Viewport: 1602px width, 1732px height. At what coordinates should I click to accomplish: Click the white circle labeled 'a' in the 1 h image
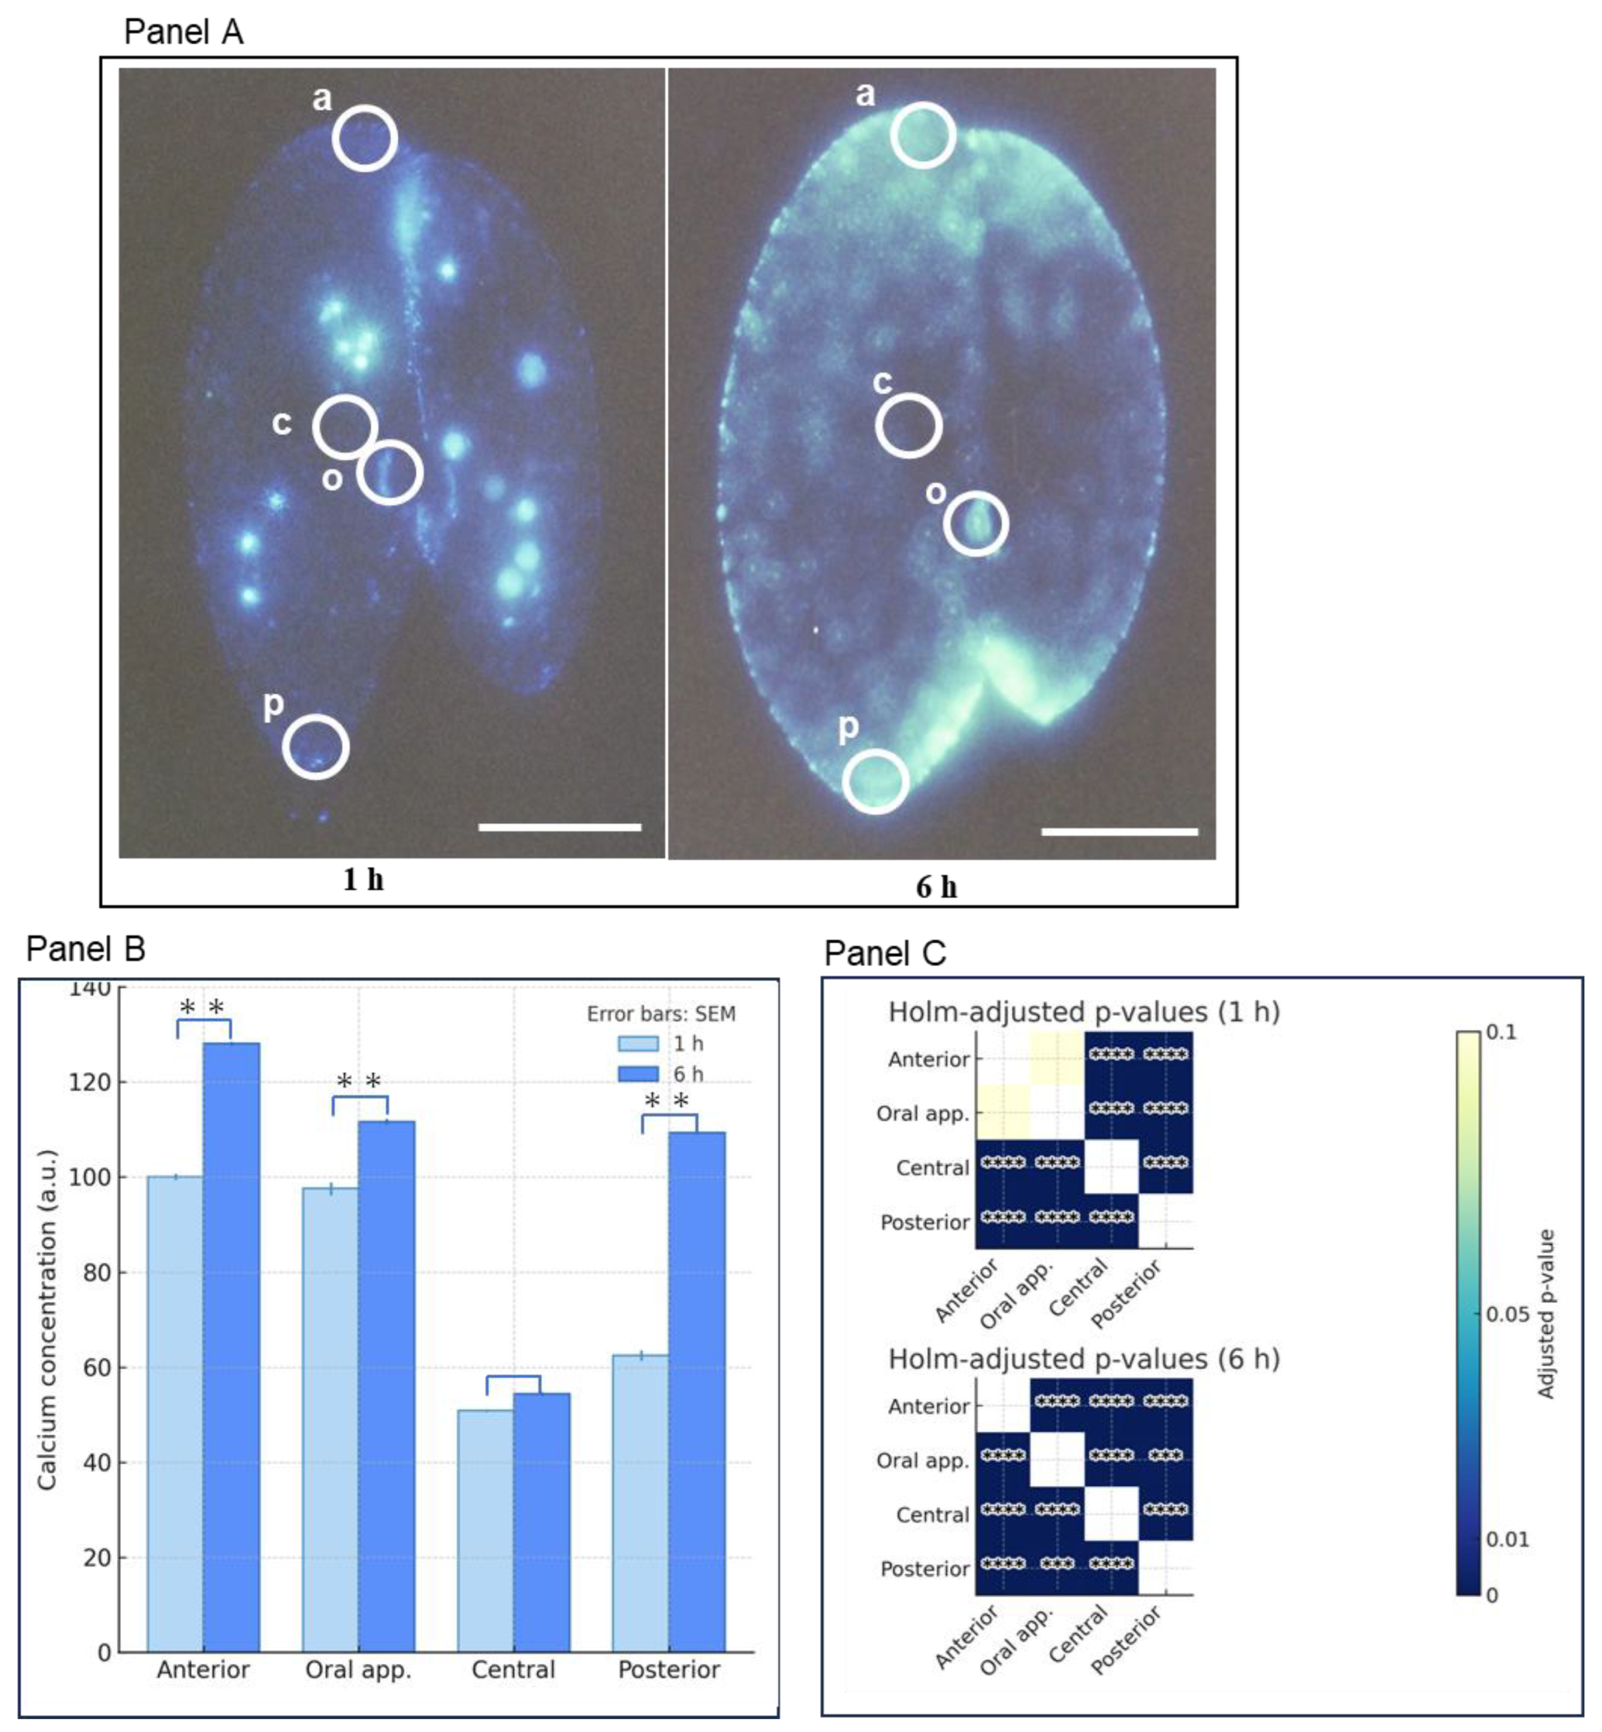pyautogui.click(x=365, y=138)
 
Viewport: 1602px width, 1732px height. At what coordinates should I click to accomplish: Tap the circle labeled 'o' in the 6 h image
pyautogui.click(x=975, y=524)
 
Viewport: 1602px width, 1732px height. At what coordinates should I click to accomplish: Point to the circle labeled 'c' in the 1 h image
pyautogui.click(x=345, y=426)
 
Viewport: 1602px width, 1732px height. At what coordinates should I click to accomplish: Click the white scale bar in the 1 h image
pyautogui.click(x=559, y=827)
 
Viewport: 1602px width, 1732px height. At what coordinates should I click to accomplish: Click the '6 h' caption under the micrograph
pyautogui.click(x=936, y=887)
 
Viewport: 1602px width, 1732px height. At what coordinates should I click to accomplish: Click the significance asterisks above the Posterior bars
pyautogui.click(x=667, y=1102)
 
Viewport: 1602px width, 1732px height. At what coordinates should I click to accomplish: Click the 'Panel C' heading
pyautogui.click(x=884, y=953)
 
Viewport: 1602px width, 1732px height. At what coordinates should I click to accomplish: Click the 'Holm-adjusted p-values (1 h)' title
pyautogui.click(x=1084, y=1012)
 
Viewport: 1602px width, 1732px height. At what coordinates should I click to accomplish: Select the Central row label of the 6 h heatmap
pyautogui.click(x=932, y=1515)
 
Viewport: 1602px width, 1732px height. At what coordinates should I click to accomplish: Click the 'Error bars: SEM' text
pyautogui.click(x=661, y=1013)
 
